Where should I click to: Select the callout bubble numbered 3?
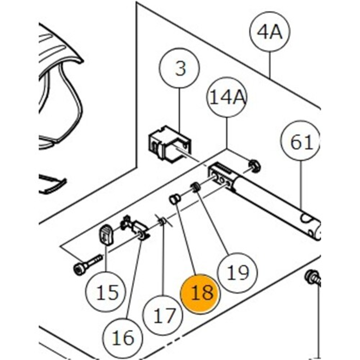[x=179, y=69]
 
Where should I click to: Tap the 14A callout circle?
[x=226, y=97]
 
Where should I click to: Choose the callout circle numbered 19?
[x=237, y=271]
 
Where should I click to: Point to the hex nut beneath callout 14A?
[x=254, y=166]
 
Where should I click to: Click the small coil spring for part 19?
[x=196, y=186]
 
